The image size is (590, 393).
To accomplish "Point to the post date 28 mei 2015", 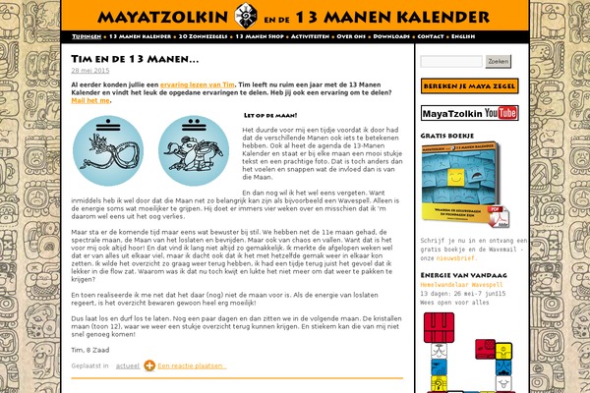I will tap(90, 71).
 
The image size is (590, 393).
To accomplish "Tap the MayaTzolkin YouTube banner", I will tap(469, 113).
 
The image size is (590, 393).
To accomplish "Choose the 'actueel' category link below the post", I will tap(129, 365).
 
